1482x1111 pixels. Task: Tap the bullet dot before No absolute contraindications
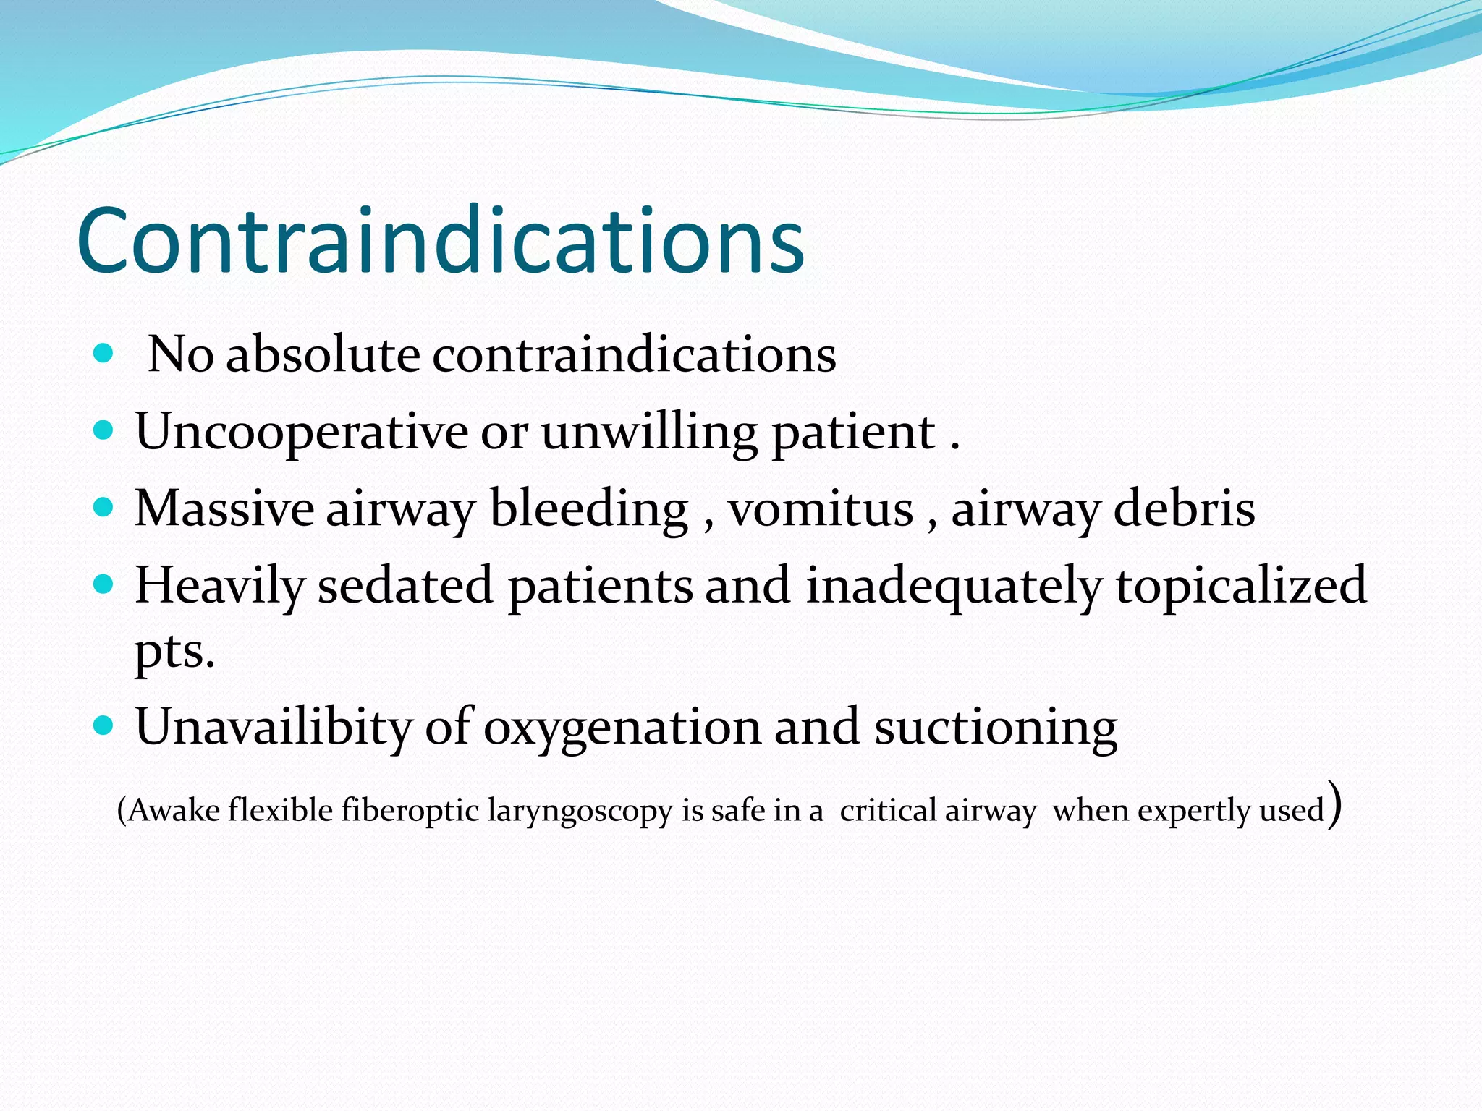pyautogui.click(x=104, y=353)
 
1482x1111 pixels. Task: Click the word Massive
pyautogui.click(x=224, y=508)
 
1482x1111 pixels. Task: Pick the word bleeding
pyautogui.click(x=589, y=508)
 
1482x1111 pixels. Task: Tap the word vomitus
pyautogui.click(x=821, y=508)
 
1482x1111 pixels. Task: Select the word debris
pyautogui.click(x=1184, y=508)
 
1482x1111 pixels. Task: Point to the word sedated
pyautogui.click(x=405, y=584)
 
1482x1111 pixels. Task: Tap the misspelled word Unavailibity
pyautogui.click(x=273, y=727)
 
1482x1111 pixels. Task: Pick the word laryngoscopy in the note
pyautogui.click(x=580, y=811)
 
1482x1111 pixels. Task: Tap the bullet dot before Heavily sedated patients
pyautogui.click(x=104, y=584)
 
